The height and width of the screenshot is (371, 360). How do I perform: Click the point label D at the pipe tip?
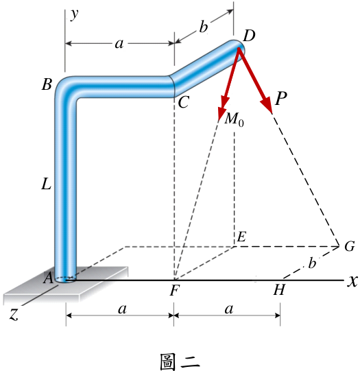pyautogui.click(x=249, y=36)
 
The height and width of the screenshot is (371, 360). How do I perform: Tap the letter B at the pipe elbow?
pyautogui.click(x=47, y=84)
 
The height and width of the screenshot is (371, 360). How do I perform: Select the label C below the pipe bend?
pyautogui.click(x=183, y=102)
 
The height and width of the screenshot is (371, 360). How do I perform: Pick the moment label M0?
pyautogui.click(x=234, y=119)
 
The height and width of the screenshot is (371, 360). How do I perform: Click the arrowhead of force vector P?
pyautogui.click(x=267, y=105)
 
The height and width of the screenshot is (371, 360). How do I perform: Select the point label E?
pyautogui.click(x=241, y=237)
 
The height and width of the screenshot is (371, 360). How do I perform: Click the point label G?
pyautogui.click(x=349, y=246)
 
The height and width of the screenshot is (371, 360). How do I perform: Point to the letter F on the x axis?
pyautogui.click(x=175, y=290)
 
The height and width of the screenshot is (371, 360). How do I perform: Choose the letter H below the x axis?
pyautogui.click(x=279, y=289)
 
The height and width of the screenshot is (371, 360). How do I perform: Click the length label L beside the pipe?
pyautogui.click(x=47, y=184)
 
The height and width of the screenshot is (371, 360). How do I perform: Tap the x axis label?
pyautogui.click(x=352, y=282)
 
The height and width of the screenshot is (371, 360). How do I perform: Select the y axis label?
pyautogui.click(x=75, y=14)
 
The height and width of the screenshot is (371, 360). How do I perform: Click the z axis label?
pyautogui.click(x=14, y=315)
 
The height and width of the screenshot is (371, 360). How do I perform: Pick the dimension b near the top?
pyautogui.click(x=203, y=27)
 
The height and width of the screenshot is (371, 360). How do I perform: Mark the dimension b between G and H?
pyautogui.click(x=312, y=263)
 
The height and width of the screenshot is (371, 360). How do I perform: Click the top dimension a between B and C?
pyautogui.click(x=119, y=44)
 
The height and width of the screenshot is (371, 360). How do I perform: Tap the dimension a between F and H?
pyautogui.click(x=229, y=309)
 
